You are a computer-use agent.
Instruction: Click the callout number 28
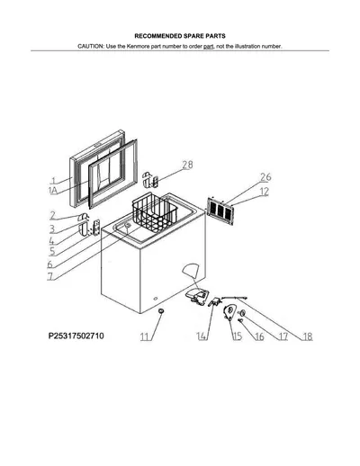[x=187, y=165]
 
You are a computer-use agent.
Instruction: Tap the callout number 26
[x=265, y=177]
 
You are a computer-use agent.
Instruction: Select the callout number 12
[x=264, y=192]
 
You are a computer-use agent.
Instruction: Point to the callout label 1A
[x=53, y=191]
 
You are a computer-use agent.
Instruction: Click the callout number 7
[x=50, y=276]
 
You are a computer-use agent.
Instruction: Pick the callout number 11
[x=145, y=336]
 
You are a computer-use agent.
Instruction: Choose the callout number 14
[x=202, y=336]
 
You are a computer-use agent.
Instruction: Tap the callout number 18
[x=307, y=336]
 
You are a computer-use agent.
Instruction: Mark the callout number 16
[x=259, y=336]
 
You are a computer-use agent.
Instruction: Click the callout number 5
[x=52, y=251]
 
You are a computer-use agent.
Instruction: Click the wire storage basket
[x=155, y=213]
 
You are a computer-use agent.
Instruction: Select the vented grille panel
[x=220, y=211]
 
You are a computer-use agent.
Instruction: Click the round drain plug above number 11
[x=162, y=311]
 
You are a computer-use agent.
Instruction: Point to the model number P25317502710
[x=76, y=336]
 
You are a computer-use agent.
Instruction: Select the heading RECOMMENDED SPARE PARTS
[x=180, y=36]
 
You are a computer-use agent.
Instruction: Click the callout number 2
[x=53, y=216]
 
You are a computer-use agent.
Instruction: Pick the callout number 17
[x=283, y=336]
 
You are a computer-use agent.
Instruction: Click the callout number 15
[x=238, y=336]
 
